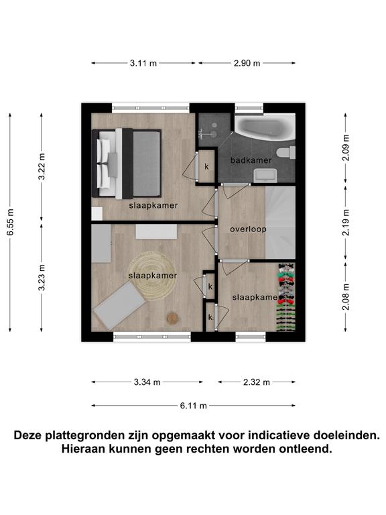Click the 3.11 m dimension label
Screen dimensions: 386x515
[x=143, y=63]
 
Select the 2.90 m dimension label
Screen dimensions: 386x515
[x=247, y=63]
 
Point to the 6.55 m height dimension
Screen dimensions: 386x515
[x=10, y=222]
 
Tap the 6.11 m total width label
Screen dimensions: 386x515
[x=193, y=406]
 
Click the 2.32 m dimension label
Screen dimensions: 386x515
[x=257, y=382]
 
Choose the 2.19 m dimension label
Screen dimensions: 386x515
[x=346, y=223]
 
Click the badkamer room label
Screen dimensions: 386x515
[x=251, y=160]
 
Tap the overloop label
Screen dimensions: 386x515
[x=248, y=229]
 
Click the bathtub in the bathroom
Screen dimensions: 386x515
[x=265, y=127]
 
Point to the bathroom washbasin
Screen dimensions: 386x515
[x=265, y=175]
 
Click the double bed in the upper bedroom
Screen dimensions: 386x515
[x=127, y=164]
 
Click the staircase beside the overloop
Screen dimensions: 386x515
[x=280, y=223]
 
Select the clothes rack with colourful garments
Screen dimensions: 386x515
[x=286, y=297]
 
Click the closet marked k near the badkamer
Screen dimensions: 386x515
[x=206, y=166]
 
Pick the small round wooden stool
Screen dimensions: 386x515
[x=172, y=318]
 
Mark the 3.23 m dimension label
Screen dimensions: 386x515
[x=42, y=278]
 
